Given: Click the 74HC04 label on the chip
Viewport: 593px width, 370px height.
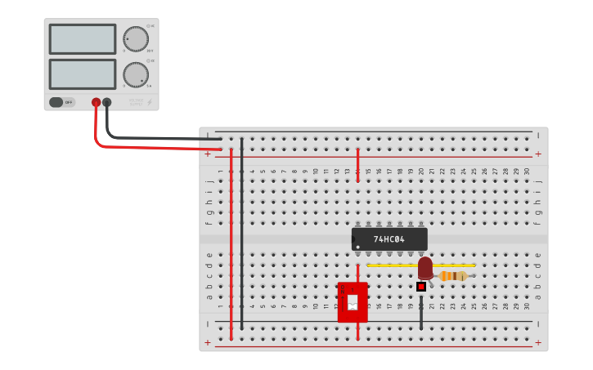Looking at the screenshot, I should pyautogui.click(x=389, y=239).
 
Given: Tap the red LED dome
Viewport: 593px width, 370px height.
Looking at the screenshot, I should pyautogui.click(x=425, y=267).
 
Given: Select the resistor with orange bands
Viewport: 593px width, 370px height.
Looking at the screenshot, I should pyautogui.click(x=452, y=276).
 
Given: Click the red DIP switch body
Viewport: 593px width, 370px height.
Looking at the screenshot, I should pyautogui.click(x=353, y=302).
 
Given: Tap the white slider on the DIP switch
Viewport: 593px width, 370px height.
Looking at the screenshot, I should pyautogui.click(x=353, y=303).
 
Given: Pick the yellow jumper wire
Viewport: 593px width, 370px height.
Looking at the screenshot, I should pyautogui.click(x=393, y=265).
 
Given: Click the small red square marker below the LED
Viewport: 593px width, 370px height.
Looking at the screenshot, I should pyautogui.click(x=421, y=287).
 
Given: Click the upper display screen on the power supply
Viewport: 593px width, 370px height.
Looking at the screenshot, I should pyautogui.click(x=83, y=39).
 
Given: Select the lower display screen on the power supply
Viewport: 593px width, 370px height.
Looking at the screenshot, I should pyautogui.click(x=83, y=74).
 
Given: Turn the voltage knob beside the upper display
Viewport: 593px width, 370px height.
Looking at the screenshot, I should pyautogui.click(x=136, y=38).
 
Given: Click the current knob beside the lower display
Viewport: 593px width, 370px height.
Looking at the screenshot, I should pyautogui.click(x=136, y=74).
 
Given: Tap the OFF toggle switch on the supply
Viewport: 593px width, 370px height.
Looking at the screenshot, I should pyautogui.click(x=57, y=102).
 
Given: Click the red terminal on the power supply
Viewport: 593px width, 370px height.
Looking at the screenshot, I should pyautogui.click(x=96, y=102).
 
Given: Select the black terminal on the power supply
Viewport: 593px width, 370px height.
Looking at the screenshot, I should pyautogui.click(x=106, y=102).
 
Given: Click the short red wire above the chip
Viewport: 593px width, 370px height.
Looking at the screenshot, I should pyautogui.click(x=357, y=165).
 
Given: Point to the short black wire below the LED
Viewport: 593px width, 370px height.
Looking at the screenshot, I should pyautogui.click(x=421, y=314).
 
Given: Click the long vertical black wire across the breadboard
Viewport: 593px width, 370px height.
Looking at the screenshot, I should pyautogui.click(x=241, y=237).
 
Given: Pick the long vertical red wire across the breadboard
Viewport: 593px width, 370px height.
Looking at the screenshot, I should pyautogui.click(x=231, y=245).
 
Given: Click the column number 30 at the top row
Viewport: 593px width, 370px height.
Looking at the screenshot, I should pyautogui.click(x=527, y=172).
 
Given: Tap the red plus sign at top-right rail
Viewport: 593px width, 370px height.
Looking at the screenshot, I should pyautogui.click(x=537, y=154).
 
